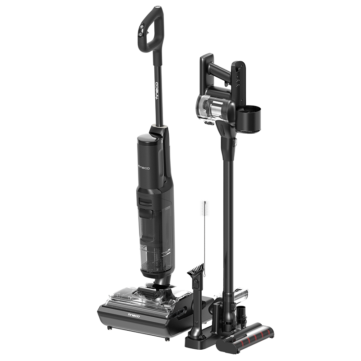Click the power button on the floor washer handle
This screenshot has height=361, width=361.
pyautogui.click(x=140, y=34)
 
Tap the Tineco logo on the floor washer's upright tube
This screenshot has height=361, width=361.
pyautogui.click(x=157, y=91)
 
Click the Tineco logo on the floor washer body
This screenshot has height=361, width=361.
pyautogui.click(x=143, y=168)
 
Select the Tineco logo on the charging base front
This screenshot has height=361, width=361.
pyautogui.click(x=134, y=315)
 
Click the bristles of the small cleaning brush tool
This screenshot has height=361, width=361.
pyautogui.click(x=196, y=270)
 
